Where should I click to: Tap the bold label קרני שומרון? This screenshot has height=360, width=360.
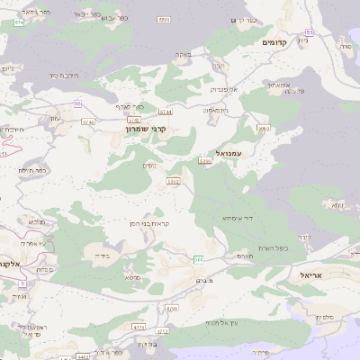(148, 130)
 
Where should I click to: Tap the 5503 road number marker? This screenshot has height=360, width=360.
(163, 20)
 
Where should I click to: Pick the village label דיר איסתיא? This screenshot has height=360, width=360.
(237, 218)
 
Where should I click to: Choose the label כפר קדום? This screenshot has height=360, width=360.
(243, 20)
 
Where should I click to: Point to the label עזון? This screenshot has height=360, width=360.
(56, 118)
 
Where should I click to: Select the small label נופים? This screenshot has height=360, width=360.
(149, 164)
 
